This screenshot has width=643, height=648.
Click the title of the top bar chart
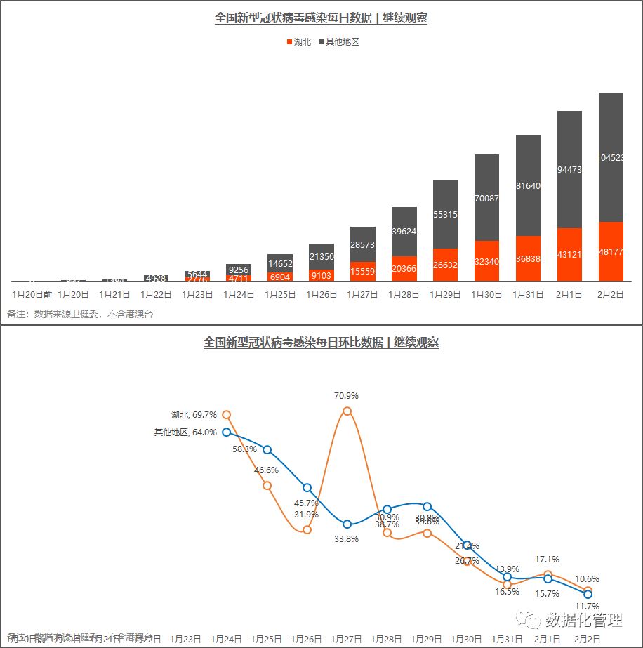click(321, 18)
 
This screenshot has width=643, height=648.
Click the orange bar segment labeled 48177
click(611, 251)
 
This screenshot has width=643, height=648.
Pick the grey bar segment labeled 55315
click(445, 213)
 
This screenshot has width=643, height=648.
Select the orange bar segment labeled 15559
click(362, 271)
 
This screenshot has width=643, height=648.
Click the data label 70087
click(486, 199)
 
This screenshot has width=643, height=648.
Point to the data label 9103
click(321, 276)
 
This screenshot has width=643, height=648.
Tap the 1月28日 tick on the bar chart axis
click(404, 295)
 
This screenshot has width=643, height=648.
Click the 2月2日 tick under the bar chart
click(611, 295)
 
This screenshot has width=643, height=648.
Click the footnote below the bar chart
click(80, 314)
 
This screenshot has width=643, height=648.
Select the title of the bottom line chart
click(321, 343)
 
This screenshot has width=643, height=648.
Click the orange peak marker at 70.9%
click(347, 411)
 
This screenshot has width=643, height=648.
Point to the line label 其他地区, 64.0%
click(185, 432)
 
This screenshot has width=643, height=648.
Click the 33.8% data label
click(347, 539)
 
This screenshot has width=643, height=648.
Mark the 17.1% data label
click(548, 560)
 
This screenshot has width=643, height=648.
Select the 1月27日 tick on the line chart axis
click(347, 639)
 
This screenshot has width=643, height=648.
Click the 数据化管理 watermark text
click(583, 620)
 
